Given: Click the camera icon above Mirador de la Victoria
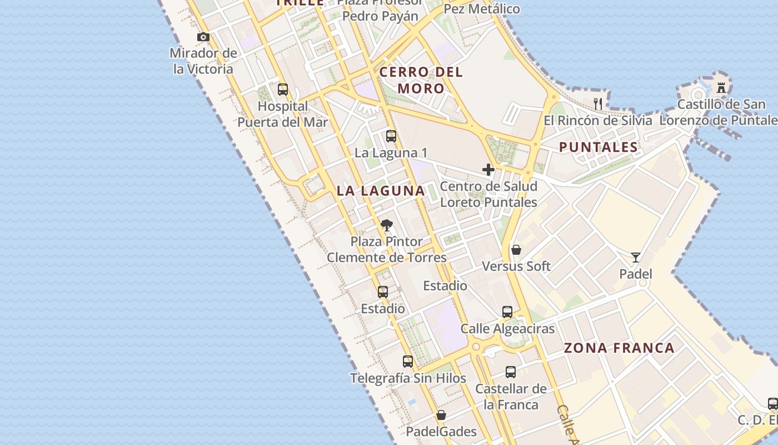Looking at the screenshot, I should click(203, 37).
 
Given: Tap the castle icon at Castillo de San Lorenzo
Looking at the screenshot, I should click(721, 87).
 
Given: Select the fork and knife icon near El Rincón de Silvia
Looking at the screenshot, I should click(598, 103).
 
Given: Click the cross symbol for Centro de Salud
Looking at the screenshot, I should click(488, 170).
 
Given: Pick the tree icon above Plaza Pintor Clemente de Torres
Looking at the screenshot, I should click(387, 225).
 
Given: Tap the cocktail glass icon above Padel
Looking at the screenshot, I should click(636, 258).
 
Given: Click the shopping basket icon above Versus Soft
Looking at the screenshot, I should click(516, 250).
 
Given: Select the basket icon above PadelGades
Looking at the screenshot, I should click(441, 415).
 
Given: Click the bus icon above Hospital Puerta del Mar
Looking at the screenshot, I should click(283, 90).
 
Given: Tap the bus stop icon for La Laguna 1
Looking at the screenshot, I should click(391, 136).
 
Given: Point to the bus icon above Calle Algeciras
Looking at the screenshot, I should click(507, 312).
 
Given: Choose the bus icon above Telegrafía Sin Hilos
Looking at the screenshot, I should click(408, 362).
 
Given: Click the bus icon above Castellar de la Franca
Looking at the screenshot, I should click(511, 372).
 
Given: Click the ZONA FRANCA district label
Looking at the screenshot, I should click(619, 348).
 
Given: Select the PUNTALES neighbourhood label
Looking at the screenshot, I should click(598, 147).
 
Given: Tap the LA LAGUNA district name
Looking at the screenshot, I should click(381, 191).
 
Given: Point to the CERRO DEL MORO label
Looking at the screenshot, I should click(421, 80).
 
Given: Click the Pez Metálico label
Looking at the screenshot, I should click(482, 9).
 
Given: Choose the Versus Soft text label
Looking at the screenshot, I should click(516, 266).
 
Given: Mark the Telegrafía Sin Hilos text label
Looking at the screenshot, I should click(408, 378).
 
